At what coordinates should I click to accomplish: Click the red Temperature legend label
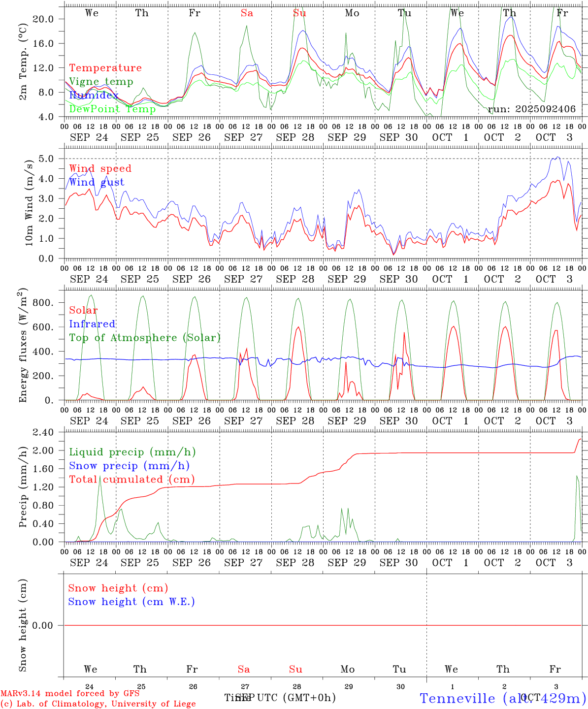[x=105, y=68]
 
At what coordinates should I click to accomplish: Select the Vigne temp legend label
[x=101, y=82]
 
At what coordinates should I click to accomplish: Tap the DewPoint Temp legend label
[x=112, y=109]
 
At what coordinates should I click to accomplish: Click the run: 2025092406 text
[x=532, y=109]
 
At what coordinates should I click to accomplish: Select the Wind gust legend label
[x=97, y=182]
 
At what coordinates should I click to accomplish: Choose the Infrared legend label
[x=92, y=324]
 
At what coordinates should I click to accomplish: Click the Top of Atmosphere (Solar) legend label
[x=145, y=338]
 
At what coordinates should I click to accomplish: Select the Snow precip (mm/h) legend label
[x=129, y=466]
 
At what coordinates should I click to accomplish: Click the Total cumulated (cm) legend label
[x=131, y=480]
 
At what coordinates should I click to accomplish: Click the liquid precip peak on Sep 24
[x=100, y=477]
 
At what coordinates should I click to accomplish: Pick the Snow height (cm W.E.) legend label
[x=131, y=602]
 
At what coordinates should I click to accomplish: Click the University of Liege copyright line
[x=98, y=704]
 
